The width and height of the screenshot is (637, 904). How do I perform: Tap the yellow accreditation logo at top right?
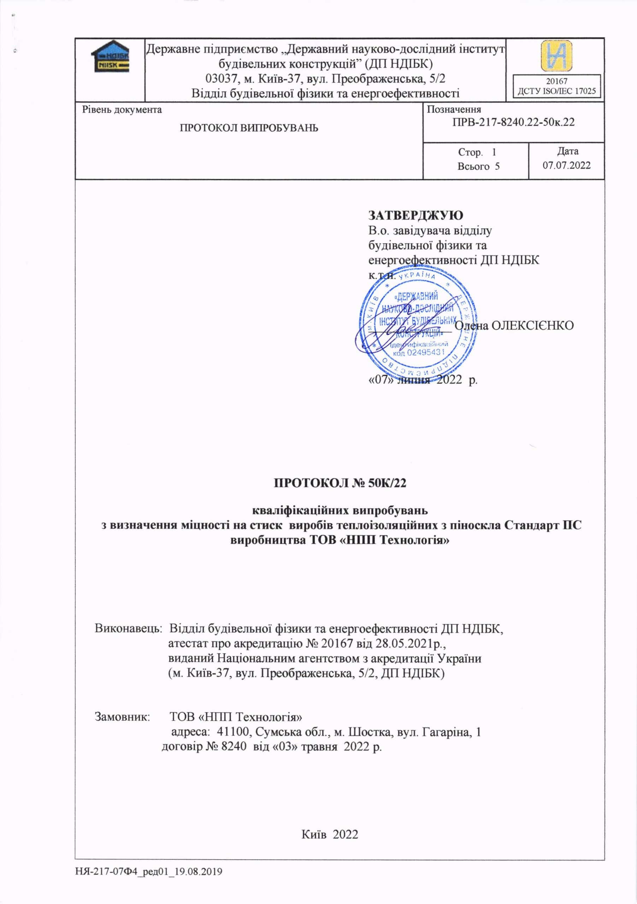(556, 56)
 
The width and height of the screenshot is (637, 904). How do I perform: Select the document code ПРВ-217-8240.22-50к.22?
(513, 122)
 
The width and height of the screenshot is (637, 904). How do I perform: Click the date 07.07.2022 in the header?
(566, 165)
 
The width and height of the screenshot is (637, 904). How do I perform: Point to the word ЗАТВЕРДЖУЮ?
(415, 215)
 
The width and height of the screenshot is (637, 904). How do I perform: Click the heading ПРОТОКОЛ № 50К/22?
(340, 483)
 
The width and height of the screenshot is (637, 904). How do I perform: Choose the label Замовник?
(123, 716)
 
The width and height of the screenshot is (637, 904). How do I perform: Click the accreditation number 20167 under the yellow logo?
(556, 81)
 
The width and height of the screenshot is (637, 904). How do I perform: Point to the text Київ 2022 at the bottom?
(330, 834)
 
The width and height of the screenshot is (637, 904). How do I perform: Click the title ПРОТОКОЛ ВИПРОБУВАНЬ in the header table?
(249, 128)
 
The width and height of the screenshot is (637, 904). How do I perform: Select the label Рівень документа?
(122, 109)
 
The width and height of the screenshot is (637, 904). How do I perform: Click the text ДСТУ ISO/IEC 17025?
(556, 91)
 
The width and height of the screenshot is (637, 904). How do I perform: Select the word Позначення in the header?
(454, 109)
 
